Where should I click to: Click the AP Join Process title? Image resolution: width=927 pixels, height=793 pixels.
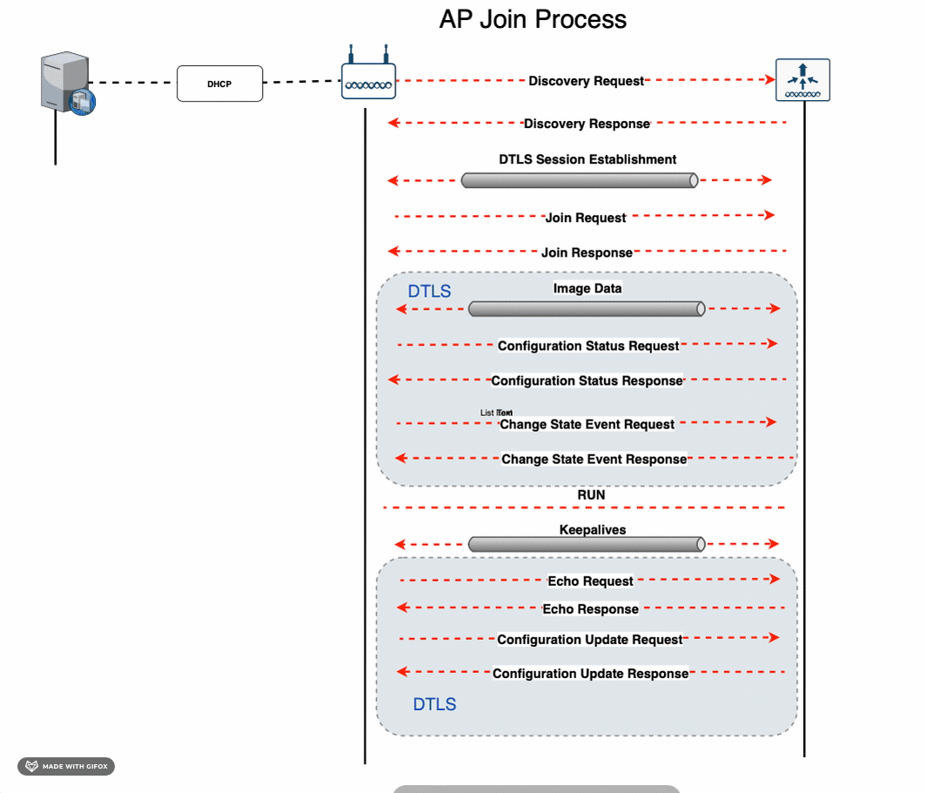(533, 19)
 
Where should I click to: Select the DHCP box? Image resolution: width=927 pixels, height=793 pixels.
(219, 84)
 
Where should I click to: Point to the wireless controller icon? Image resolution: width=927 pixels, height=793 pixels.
(803, 80)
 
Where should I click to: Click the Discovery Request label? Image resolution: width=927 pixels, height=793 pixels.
(586, 81)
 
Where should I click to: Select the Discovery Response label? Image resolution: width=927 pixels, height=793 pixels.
(587, 124)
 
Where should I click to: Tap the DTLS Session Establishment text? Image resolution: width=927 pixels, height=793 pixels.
(588, 159)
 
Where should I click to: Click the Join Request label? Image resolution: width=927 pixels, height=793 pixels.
(585, 218)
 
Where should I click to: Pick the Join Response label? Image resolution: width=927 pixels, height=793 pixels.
(587, 252)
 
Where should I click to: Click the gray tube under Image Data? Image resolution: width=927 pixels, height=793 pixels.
(586, 309)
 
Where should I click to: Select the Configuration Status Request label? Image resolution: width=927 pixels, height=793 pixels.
(588, 346)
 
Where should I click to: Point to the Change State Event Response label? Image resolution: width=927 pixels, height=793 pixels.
(594, 459)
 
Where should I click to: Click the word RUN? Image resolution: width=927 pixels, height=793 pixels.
(591, 494)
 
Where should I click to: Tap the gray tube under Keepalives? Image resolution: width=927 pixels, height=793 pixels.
(586, 544)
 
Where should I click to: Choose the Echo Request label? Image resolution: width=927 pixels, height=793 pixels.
(590, 581)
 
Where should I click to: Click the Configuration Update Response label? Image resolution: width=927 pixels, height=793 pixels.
(590, 673)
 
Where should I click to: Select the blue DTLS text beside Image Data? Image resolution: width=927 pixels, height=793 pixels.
(429, 291)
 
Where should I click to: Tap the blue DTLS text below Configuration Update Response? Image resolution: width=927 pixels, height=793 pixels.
(434, 704)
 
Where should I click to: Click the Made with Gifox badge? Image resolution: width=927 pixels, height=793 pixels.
(66, 766)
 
